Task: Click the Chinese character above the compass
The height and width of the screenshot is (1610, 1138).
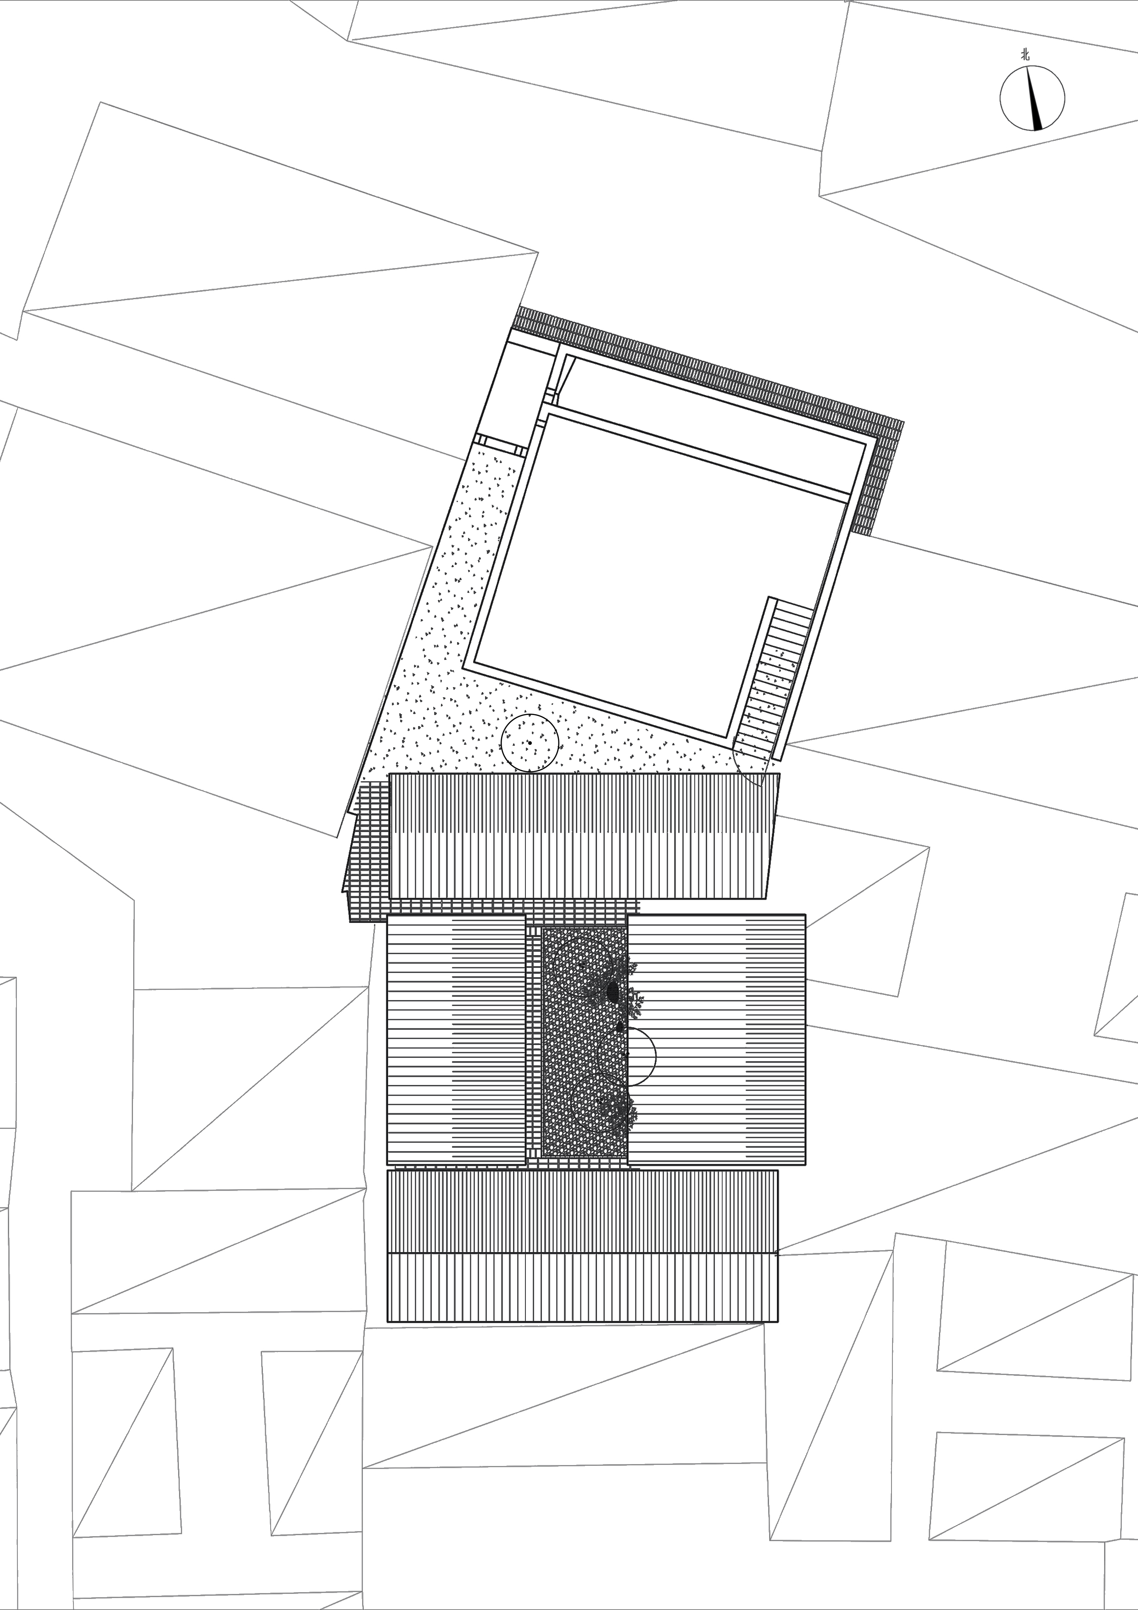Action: pyautogui.click(x=1025, y=55)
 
